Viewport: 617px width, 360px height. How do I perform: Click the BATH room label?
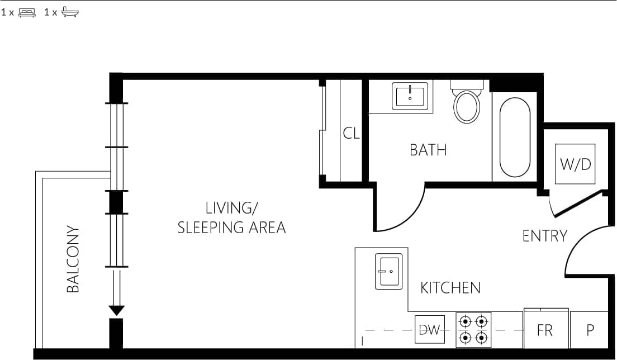[428, 150]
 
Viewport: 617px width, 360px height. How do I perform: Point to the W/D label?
[575, 164]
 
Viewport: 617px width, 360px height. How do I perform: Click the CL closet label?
[352, 134]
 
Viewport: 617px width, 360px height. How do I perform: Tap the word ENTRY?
[544, 236]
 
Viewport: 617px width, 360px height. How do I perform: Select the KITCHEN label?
[450, 288]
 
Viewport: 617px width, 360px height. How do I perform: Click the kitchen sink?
[389, 271]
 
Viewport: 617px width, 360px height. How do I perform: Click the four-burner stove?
[473, 330]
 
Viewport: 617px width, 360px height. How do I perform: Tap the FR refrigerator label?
[545, 330]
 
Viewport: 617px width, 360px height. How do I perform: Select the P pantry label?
[590, 330]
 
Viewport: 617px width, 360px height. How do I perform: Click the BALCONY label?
[73, 259]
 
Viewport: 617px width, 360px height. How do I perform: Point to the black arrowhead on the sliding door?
[116, 310]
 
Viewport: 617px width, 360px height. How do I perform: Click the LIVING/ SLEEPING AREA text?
[231, 218]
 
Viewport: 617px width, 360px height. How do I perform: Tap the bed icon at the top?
[27, 12]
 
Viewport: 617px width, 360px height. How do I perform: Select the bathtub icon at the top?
[70, 12]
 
